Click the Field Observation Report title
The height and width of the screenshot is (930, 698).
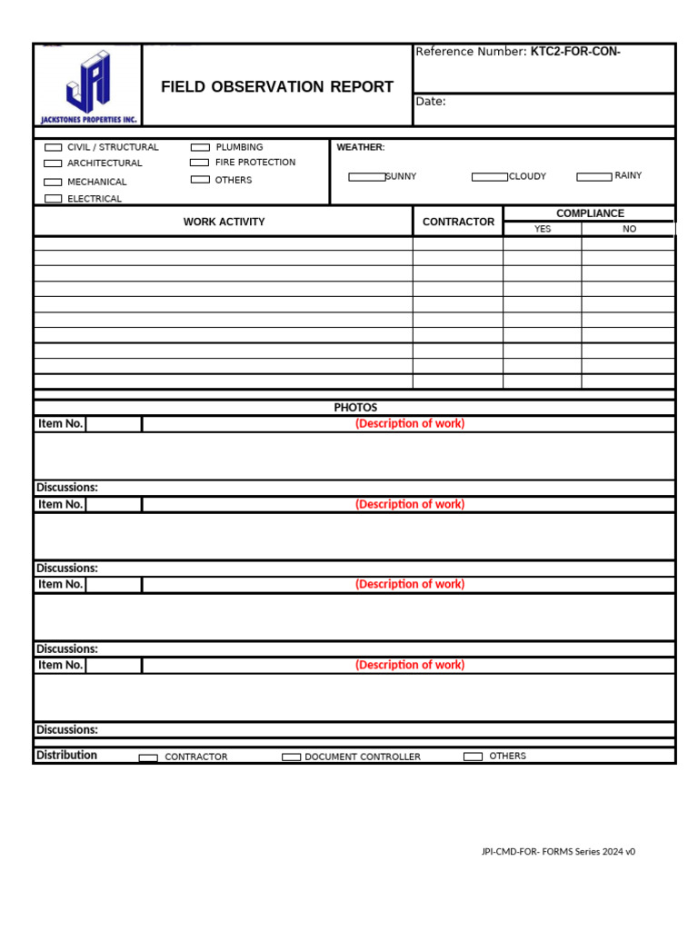[277, 87]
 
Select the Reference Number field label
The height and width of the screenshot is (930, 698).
[471, 52]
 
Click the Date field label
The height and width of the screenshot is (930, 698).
[431, 102]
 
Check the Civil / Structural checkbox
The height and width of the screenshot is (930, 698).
[54, 147]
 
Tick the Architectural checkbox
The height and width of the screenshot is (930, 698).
[54, 163]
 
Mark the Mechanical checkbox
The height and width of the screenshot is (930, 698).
[54, 182]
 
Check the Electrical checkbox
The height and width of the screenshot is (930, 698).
[54, 199]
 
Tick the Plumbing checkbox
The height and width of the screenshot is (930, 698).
[200, 147]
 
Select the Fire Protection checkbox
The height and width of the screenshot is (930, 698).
[200, 163]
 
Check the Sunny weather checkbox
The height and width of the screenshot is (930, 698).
[367, 177]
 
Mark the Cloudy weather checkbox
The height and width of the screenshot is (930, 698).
[489, 177]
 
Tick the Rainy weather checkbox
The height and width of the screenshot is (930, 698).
[594, 176]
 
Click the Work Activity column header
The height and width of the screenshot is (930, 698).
[224, 222]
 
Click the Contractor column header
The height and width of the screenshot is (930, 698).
[458, 222]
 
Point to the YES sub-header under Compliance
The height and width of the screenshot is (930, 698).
[543, 229]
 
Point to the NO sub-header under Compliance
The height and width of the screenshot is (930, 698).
[629, 229]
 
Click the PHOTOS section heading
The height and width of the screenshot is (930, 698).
[355, 408]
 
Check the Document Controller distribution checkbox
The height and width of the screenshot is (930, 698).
[291, 757]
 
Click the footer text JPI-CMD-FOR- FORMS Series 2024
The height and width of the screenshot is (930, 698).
[558, 852]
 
